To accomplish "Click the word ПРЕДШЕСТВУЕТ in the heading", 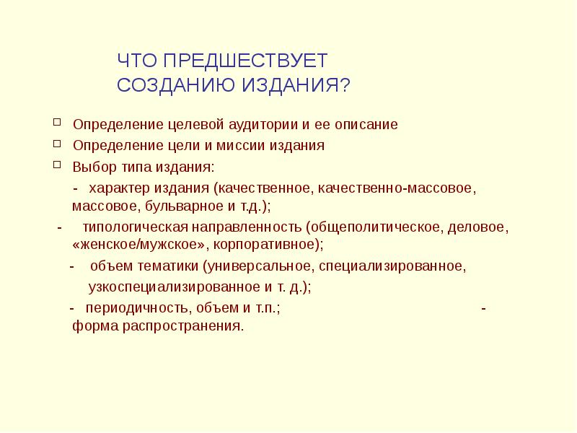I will [x=245, y=61].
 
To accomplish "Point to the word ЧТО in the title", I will [x=136, y=61].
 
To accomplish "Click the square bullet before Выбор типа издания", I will [x=58, y=165].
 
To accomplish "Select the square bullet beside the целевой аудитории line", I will [x=58, y=123].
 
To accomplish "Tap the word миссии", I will [x=244, y=146].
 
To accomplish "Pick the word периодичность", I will [x=134, y=307].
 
